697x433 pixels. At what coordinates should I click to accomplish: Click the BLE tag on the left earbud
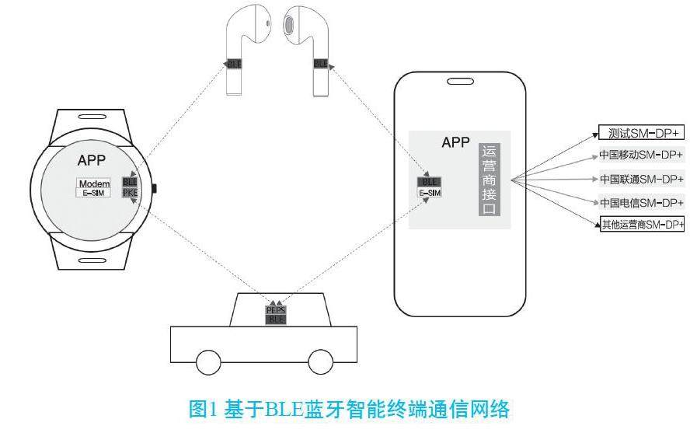[232, 63]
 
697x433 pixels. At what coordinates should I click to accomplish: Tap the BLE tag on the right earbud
[320, 63]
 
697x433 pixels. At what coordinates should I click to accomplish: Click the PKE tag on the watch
[130, 193]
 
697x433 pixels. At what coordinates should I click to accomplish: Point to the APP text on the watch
[92, 161]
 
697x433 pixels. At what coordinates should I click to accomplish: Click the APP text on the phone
[456, 142]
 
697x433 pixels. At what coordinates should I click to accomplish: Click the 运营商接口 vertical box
[489, 180]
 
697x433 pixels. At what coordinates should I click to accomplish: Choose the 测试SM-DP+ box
[641, 132]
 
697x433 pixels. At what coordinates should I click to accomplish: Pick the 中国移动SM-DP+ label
[641, 155]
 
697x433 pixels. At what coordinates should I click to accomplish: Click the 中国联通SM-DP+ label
[641, 179]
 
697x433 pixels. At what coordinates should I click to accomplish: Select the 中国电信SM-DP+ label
[641, 202]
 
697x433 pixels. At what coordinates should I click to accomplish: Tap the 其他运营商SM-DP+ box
[641, 225]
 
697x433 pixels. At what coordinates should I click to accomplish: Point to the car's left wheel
[207, 362]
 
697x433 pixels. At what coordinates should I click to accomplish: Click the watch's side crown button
[155, 188]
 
